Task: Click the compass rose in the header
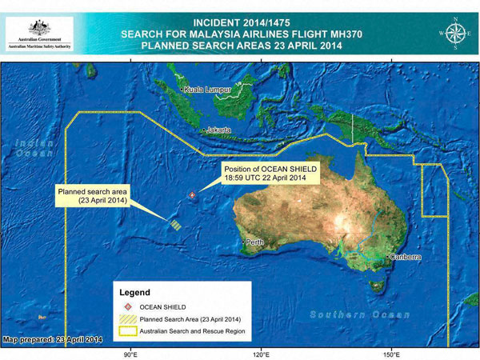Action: [x=456, y=32]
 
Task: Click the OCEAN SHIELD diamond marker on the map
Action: [x=190, y=194]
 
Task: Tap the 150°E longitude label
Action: [x=391, y=352]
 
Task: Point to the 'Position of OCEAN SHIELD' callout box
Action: [x=270, y=174]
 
